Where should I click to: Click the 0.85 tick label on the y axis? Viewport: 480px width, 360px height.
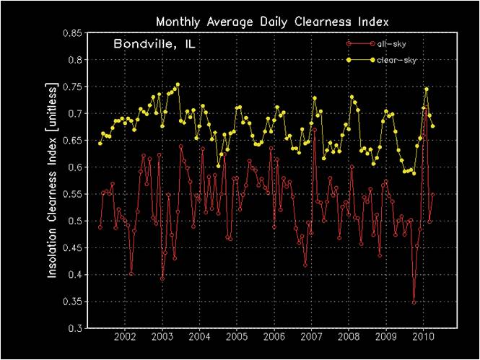(x=71, y=33)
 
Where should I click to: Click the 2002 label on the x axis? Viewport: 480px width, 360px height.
(x=125, y=338)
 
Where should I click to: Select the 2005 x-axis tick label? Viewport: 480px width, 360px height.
(x=237, y=338)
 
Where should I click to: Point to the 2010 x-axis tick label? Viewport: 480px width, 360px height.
(x=423, y=338)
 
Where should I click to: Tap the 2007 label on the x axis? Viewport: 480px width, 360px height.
(x=311, y=338)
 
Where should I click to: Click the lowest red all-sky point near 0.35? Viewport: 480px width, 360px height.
(x=414, y=302)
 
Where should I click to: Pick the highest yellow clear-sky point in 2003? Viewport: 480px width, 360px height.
(x=178, y=84)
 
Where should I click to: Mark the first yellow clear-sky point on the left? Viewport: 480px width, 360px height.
(x=100, y=143)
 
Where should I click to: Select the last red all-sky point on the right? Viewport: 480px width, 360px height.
(x=433, y=194)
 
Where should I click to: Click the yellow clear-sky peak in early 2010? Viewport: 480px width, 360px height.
(x=427, y=89)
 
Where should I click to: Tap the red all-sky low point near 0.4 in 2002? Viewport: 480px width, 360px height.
(x=131, y=273)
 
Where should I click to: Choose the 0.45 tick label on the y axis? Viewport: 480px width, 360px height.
(x=71, y=247)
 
